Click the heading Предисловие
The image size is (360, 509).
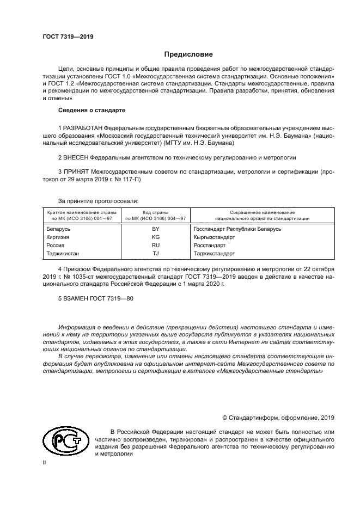(x=189, y=54)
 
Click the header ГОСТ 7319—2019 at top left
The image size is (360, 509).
(x=68, y=36)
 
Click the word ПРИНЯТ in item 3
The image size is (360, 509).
(x=75, y=171)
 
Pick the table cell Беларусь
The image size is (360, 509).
(x=59, y=229)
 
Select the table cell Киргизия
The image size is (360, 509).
(x=58, y=237)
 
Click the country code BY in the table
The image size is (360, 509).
(x=155, y=229)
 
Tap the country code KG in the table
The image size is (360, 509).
(x=155, y=237)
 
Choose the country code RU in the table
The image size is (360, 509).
(x=155, y=246)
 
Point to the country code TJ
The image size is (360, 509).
(x=155, y=254)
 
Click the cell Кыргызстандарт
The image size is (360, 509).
(x=214, y=237)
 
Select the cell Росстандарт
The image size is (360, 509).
(x=210, y=246)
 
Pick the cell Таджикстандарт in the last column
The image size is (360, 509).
(x=214, y=254)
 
